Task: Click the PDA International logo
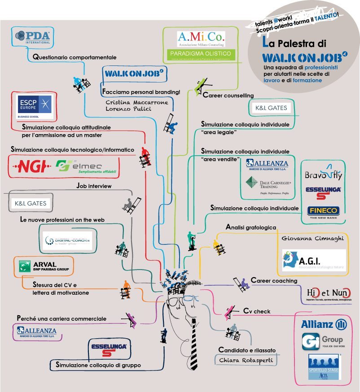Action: [x=33, y=36]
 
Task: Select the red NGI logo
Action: [x=31, y=167]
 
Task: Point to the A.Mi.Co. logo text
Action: [x=201, y=37]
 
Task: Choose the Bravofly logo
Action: [x=323, y=175]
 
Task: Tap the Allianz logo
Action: [x=321, y=324]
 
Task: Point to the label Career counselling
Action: [x=228, y=96]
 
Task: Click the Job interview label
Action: [x=94, y=186]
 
